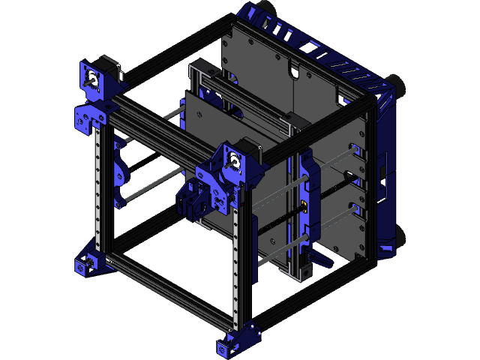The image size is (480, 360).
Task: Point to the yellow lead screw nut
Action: [304, 208]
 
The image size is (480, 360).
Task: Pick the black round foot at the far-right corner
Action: [398, 87]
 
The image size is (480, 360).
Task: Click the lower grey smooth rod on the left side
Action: [150, 188]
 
